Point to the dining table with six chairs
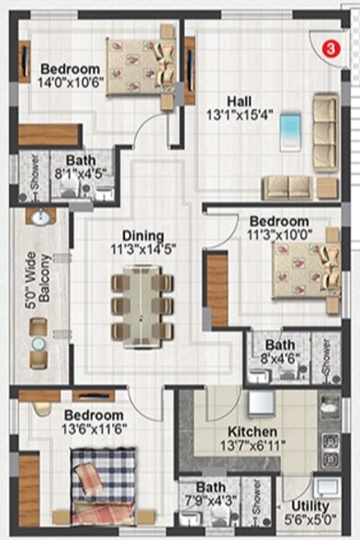tap(141, 304)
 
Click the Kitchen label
tap(253, 432)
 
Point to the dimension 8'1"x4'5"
tap(82, 172)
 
